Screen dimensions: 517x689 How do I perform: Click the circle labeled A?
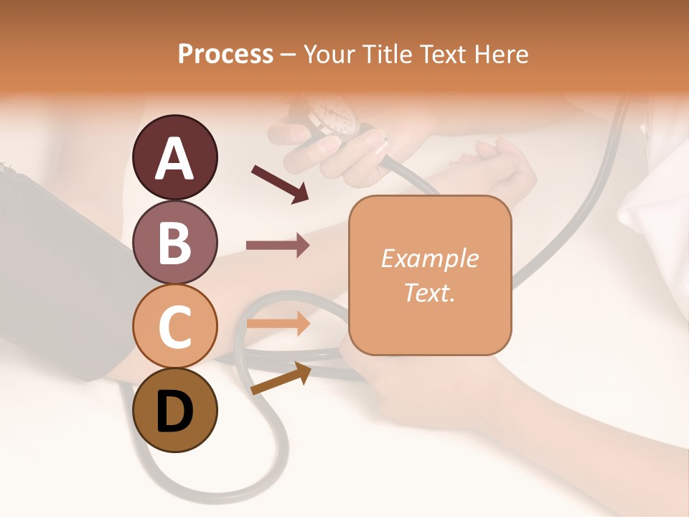175,157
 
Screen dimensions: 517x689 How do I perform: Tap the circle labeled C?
175,326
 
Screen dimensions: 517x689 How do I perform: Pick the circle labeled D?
175,410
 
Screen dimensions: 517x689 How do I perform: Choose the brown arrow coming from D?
281,378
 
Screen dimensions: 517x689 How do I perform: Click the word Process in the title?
225,54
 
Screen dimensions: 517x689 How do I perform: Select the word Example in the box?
429,258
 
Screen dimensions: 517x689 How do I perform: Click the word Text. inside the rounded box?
429,292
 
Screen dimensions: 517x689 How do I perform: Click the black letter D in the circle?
175,410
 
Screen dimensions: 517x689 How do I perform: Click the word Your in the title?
329,54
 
